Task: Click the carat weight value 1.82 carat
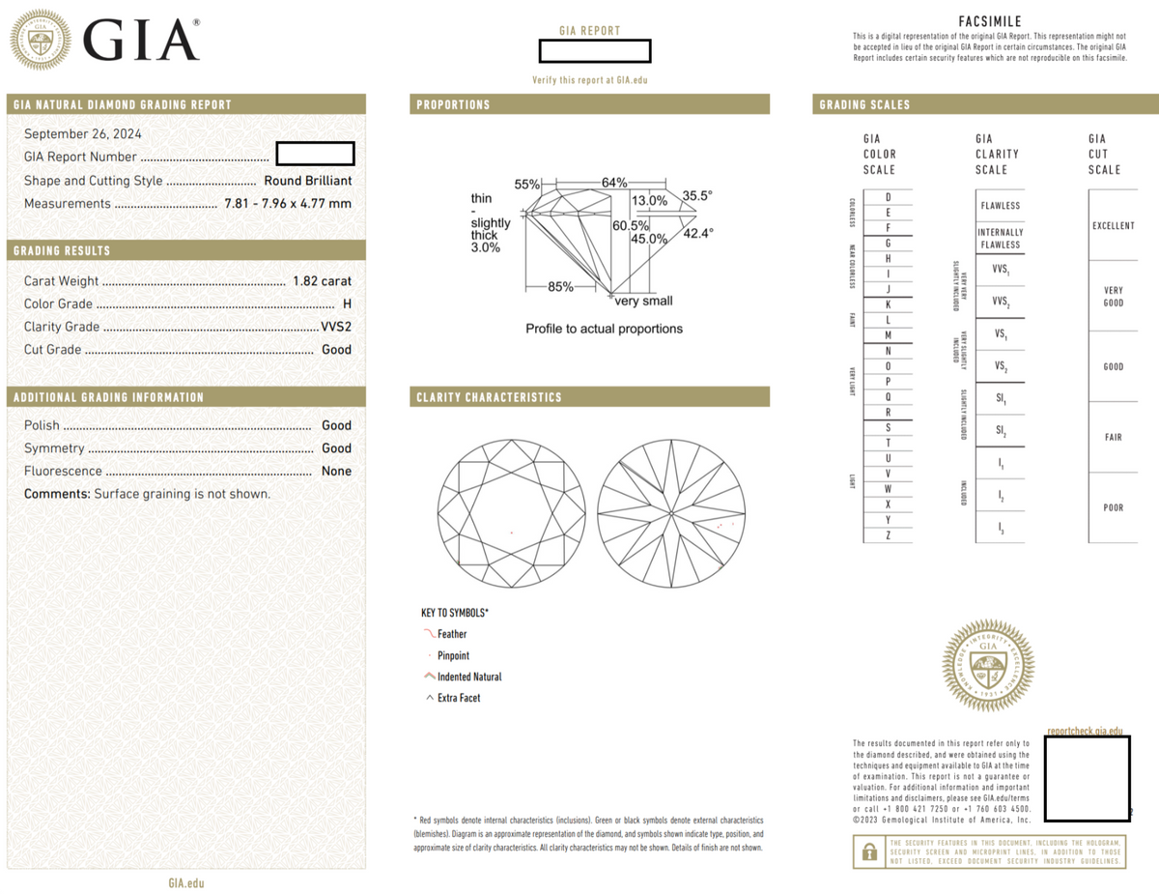(322, 280)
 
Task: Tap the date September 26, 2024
(82, 134)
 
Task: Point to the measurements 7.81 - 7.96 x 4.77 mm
(288, 204)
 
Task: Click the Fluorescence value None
(336, 472)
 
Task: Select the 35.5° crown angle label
(696, 195)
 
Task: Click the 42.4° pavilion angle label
(698, 233)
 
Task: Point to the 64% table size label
(614, 183)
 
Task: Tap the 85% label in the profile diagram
(560, 286)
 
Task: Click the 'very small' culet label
(643, 301)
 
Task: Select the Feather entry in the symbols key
(451, 634)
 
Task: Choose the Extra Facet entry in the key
(458, 698)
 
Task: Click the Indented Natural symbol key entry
(468, 677)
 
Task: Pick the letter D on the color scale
(887, 197)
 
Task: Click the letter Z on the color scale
(887, 535)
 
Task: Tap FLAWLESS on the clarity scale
(999, 206)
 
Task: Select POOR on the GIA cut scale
(1113, 507)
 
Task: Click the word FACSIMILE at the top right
(990, 21)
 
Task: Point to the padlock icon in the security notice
(869, 851)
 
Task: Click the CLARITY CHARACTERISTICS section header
(490, 397)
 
